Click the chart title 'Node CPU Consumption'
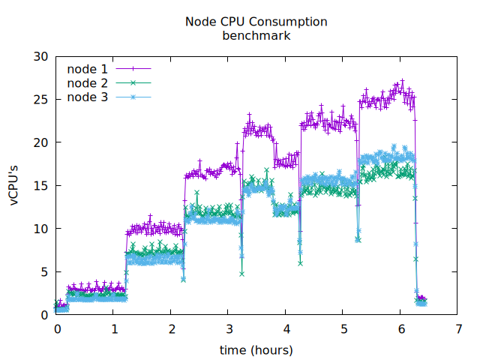(256, 22)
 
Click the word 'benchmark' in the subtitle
(256, 34)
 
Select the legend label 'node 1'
(87, 69)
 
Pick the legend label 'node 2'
(87, 82)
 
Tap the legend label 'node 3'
(87, 97)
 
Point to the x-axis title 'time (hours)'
(256, 349)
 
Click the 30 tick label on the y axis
(40, 56)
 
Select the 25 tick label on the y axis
(40, 100)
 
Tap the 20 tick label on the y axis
(40, 142)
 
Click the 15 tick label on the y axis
(40, 186)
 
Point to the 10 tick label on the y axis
(40, 229)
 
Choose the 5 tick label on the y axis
(43, 272)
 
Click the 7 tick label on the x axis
(458, 329)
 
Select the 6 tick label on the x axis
(401, 329)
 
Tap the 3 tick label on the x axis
(229, 329)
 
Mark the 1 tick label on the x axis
(114, 329)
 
